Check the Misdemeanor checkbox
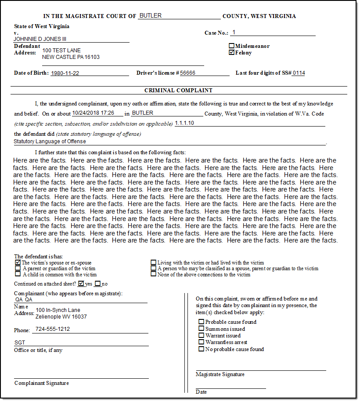pos(231,46)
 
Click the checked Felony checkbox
pos(231,53)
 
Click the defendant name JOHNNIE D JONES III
pos(40,39)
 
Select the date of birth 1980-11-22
pos(65,73)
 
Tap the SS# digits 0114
pos(299,73)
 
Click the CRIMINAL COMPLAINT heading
pos(178,91)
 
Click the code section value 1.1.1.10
pos(184,123)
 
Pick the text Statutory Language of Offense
pos(50,141)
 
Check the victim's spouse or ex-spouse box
pos(18,262)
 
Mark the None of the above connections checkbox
pos(154,274)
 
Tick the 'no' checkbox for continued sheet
pos(97,284)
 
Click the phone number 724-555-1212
pos(53,329)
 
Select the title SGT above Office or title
pos(20,343)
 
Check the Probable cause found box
pos(202,322)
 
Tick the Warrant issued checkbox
pos(202,335)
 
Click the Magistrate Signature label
pos(220,374)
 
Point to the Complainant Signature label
pos(42,383)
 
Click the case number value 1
pos(234,32)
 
